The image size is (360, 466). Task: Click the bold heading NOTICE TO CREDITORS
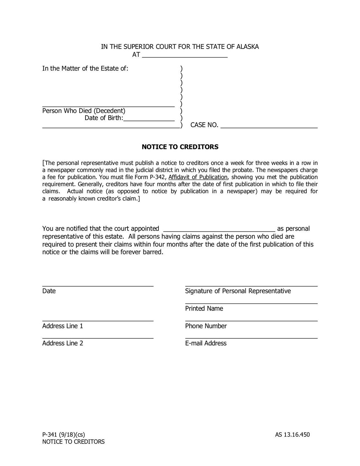pyautogui.click(x=180, y=147)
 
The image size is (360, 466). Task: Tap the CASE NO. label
pyautogui.click(x=204, y=125)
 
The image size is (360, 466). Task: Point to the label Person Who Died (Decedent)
pyautogui.click(x=84, y=111)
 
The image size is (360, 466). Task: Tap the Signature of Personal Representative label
pyautogui.click(x=238, y=291)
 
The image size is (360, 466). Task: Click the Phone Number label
pyautogui.click(x=206, y=326)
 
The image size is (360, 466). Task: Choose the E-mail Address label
pyautogui.click(x=206, y=343)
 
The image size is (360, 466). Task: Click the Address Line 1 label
pyautogui.click(x=63, y=326)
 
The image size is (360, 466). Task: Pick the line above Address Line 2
pyautogui.click(x=98, y=337)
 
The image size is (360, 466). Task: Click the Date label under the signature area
pyautogui.click(x=49, y=291)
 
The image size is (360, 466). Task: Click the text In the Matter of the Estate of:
pyautogui.click(x=85, y=69)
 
